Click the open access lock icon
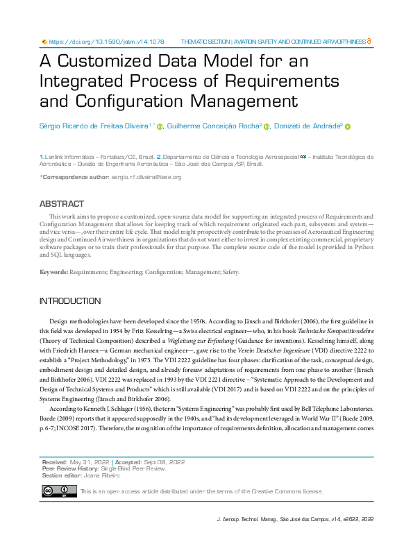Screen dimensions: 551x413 (369, 42)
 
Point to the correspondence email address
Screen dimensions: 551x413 (146, 178)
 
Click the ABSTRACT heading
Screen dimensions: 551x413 (61, 205)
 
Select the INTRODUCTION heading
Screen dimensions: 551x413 (70, 301)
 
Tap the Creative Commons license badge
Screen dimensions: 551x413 (59, 491)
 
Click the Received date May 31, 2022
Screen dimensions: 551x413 (87, 461)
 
